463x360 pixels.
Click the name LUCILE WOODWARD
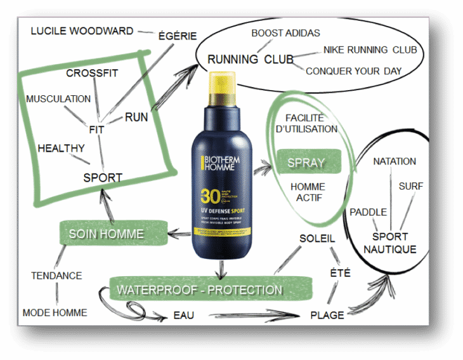[x=82, y=30]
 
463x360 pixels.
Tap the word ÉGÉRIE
[x=178, y=36]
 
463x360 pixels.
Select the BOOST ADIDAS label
[x=285, y=33]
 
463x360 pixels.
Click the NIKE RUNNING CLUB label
[x=369, y=50]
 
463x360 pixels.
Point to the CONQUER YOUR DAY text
[x=353, y=71]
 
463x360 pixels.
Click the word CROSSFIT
[x=92, y=73]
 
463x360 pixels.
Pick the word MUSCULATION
[x=58, y=99]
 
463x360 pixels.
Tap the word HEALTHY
[x=61, y=149]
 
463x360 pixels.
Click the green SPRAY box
[x=306, y=163]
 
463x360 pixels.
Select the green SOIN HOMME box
[x=106, y=234]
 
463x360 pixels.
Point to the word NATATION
[x=395, y=161]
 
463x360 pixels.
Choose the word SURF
[x=411, y=187]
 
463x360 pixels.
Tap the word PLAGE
[x=327, y=315]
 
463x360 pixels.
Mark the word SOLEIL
[x=316, y=239]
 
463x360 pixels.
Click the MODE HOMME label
[x=55, y=312]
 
